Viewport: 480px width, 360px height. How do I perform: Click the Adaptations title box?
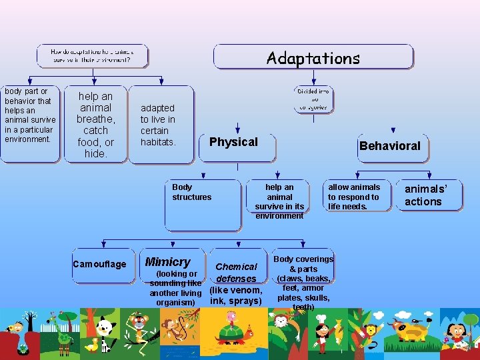pos(313,57)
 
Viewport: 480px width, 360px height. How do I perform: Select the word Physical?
pos(233,141)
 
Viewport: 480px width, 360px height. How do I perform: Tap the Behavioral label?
pos(390,145)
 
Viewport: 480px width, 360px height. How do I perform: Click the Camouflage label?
pos(99,264)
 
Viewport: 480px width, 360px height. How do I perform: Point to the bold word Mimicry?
pos(168,262)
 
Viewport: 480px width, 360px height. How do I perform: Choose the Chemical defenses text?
pos(236,273)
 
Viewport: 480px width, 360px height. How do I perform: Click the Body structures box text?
pos(191,192)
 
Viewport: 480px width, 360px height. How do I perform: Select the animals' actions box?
pos(423,195)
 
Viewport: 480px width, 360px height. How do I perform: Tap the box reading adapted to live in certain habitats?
pos(158,125)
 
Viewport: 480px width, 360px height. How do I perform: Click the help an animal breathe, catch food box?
pos(95,125)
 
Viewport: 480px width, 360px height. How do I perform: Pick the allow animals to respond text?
pos(354,197)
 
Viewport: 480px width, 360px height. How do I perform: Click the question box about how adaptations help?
pos(92,55)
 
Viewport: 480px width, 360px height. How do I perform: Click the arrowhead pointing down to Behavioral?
pos(393,131)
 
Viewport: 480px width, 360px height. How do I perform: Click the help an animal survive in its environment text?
pos(279,201)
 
